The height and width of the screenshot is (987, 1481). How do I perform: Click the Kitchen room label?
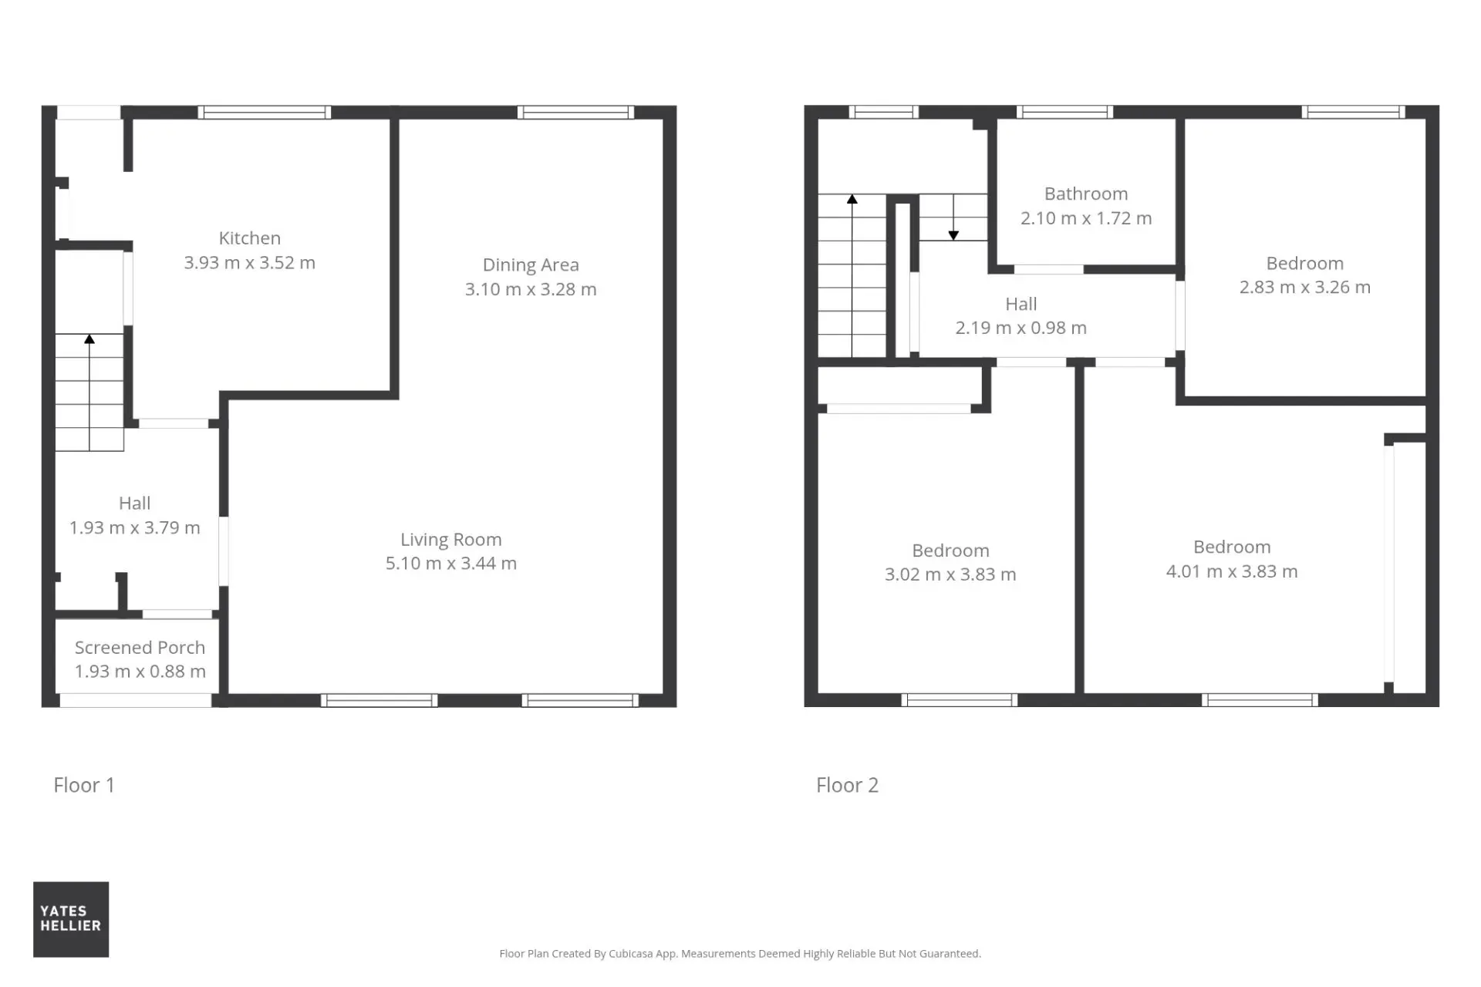(249, 238)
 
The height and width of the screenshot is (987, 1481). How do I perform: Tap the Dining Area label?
(531, 264)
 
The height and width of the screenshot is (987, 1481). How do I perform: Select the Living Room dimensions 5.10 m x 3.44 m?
(451, 564)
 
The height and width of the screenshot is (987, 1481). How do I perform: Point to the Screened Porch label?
(140, 648)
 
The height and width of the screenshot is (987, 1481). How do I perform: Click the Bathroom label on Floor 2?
(1086, 194)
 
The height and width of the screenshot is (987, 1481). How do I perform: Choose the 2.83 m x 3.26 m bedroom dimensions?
(1305, 288)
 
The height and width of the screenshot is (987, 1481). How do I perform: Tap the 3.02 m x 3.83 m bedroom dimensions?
(950, 574)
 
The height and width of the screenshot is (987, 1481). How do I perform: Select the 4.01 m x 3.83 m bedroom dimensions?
(1232, 571)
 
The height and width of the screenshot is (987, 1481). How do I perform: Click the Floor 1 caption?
(84, 785)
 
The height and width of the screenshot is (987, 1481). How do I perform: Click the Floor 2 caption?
(848, 785)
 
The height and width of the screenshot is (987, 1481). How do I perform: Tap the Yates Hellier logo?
(71, 919)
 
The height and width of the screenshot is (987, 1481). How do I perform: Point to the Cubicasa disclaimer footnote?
(740, 954)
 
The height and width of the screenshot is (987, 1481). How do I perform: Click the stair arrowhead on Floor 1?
(89, 339)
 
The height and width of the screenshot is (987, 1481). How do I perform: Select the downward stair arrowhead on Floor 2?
(953, 235)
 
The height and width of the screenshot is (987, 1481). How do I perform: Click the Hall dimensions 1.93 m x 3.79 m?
(135, 528)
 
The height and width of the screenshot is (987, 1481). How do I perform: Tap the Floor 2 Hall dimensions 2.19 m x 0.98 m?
(1021, 328)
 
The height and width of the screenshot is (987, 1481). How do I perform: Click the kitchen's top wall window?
(265, 113)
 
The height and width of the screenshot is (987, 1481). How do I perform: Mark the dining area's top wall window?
(576, 113)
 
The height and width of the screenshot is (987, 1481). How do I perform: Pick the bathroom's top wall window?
(1064, 113)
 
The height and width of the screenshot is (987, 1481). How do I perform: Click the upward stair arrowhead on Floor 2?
(852, 199)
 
